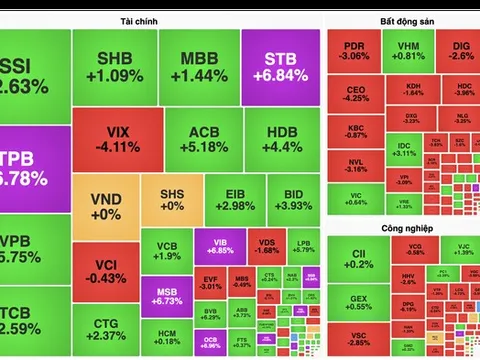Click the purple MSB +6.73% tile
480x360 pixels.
pyautogui.click(x=166, y=297)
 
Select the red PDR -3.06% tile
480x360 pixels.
pyautogui.click(x=354, y=51)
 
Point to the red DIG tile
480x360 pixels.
pyautogui.click(x=460, y=51)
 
